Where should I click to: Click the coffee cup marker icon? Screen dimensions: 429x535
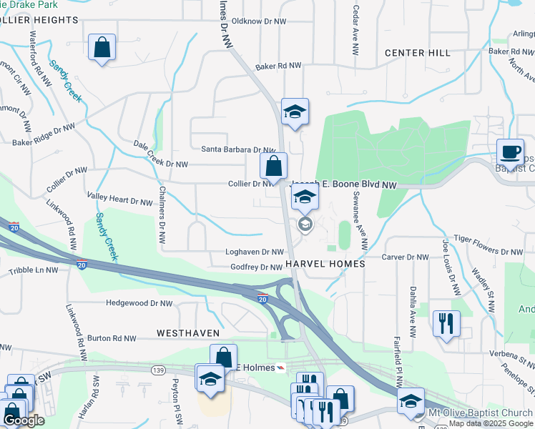[510, 152]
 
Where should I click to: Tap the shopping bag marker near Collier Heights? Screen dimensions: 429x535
[102, 48]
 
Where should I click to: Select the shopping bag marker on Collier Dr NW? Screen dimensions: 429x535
[273, 167]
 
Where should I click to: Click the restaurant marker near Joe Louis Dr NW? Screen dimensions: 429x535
[446, 324]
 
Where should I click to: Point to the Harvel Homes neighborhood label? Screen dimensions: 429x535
[325, 264]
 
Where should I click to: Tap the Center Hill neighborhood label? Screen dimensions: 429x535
[417, 53]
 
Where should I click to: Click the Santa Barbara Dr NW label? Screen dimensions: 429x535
[238, 149]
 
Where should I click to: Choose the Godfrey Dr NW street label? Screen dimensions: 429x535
[257, 267]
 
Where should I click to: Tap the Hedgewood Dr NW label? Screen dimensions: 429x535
[139, 303]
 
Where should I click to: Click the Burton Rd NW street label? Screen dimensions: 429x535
[114, 338]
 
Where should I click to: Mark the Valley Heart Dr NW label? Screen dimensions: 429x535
[119, 199]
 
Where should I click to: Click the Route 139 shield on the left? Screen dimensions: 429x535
[159, 369]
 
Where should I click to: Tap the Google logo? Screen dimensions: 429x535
[24, 420]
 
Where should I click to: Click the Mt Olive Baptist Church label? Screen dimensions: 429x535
[480, 413]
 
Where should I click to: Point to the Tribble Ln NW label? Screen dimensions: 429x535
[33, 270]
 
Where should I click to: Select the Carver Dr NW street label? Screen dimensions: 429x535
[405, 257]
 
